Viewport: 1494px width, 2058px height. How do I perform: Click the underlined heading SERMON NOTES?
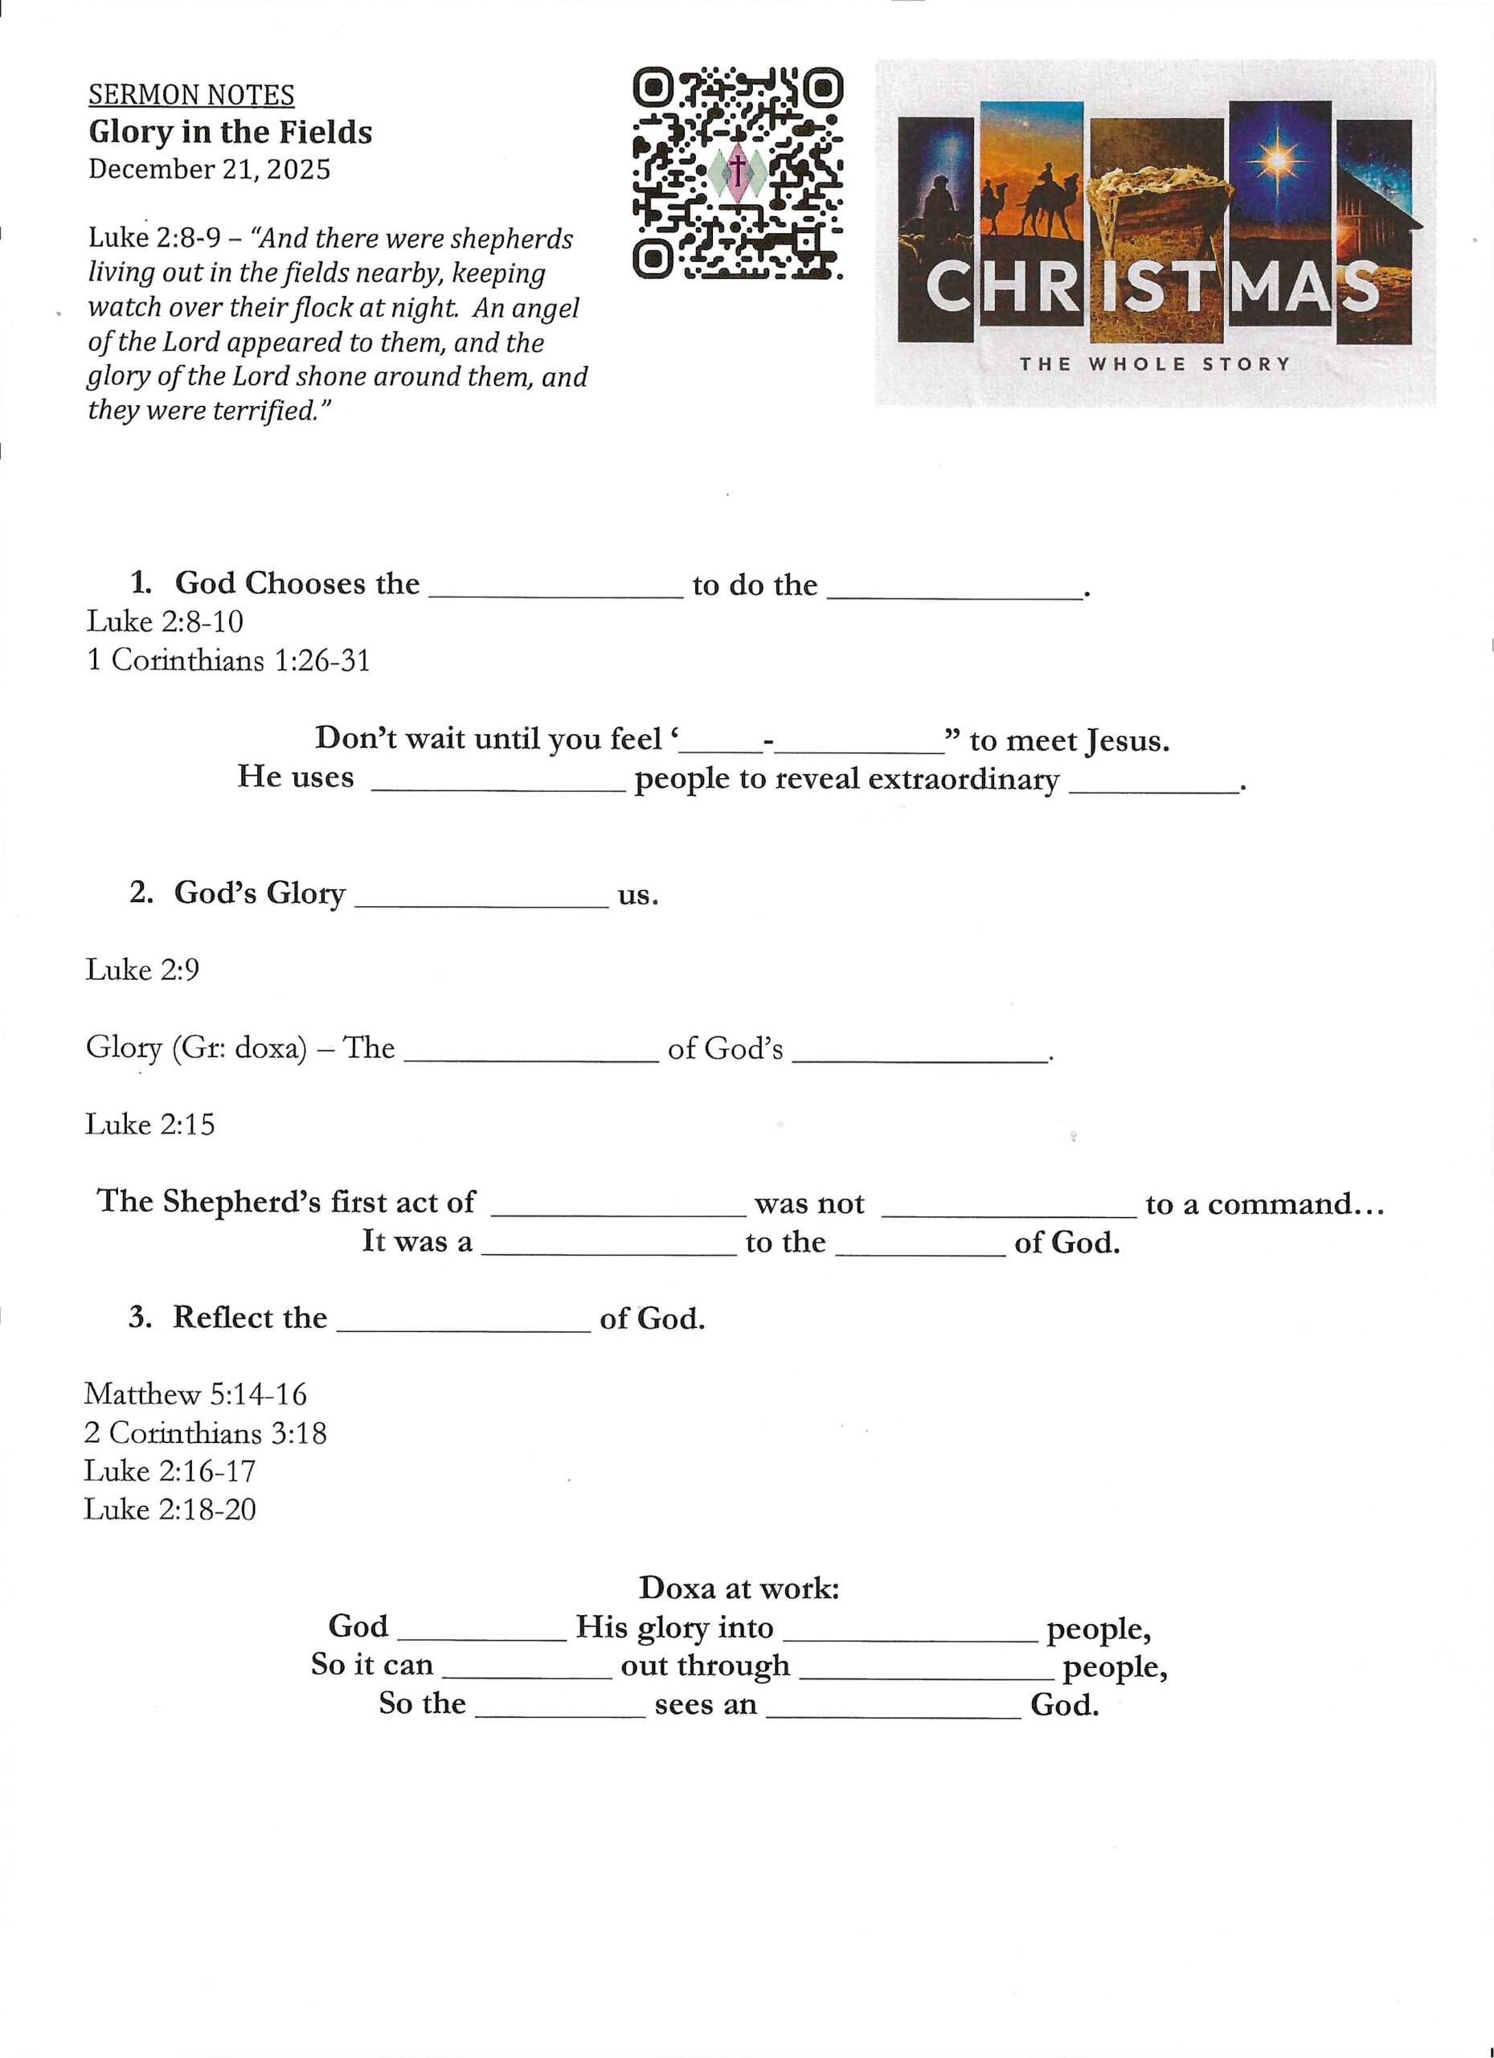click(190, 96)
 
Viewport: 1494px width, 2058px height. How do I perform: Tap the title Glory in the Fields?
click(230, 133)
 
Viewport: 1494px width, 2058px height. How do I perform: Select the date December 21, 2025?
click(209, 170)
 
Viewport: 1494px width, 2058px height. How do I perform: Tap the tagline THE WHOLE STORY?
click(1154, 365)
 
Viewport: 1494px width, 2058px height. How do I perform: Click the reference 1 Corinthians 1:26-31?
click(227, 660)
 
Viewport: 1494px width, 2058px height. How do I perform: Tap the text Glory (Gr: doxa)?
click(196, 1048)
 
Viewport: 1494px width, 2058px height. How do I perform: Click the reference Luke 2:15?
click(149, 1125)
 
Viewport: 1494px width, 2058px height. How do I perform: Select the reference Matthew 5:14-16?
click(195, 1394)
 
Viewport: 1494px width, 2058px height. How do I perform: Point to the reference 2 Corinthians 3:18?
click(205, 1433)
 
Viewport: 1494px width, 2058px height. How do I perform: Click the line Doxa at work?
click(739, 1588)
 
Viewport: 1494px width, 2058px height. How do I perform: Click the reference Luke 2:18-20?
click(170, 1509)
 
